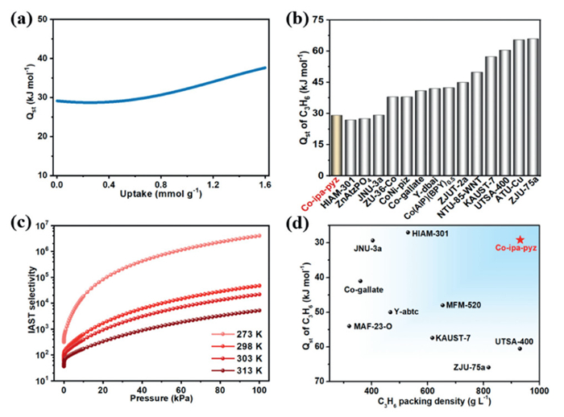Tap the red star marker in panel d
point(520,240)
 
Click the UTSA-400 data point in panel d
point(520,348)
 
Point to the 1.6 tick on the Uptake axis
point(264,184)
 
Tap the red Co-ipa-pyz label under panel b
point(319,195)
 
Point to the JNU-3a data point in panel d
point(373,240)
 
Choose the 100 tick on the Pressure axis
point(259,389)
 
